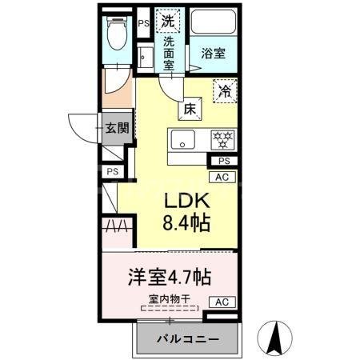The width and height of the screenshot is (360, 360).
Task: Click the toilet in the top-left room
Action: point(116,34)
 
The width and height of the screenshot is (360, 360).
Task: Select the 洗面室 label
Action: point(169,54)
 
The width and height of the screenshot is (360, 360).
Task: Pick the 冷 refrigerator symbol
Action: point(226,91)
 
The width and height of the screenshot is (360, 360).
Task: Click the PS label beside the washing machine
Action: point(143,23)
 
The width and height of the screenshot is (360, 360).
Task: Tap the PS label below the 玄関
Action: point(113,171)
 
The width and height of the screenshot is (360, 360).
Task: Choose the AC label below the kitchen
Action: point(223,178)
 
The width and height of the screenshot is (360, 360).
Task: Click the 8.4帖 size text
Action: point(187,224)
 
